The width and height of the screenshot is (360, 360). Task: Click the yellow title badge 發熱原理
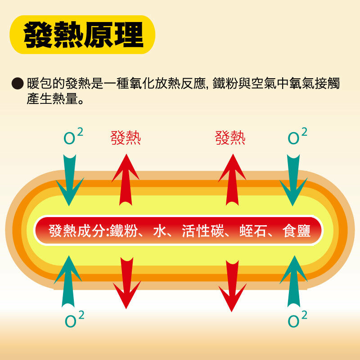[82, 35]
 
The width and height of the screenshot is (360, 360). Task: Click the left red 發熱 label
[126, 138]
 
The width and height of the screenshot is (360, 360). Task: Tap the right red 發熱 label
[230, 138]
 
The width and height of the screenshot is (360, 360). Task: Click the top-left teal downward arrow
[69, 180]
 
